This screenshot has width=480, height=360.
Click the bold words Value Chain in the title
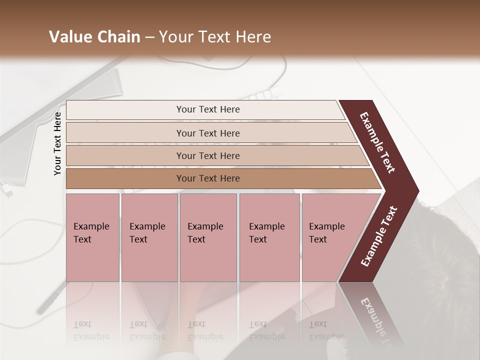[94, 37]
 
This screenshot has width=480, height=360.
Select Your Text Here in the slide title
[215, 37]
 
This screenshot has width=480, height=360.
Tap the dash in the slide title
[149, 37]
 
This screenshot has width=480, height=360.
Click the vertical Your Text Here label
[57, 144]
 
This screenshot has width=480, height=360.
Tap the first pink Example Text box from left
[92, 237]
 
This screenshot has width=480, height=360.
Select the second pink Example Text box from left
[149, 237]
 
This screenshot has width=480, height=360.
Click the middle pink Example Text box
[208, 237]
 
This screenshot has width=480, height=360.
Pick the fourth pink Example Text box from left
[269, 237]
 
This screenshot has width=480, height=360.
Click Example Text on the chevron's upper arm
[377, 142]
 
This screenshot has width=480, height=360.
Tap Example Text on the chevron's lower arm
[379, 236]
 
